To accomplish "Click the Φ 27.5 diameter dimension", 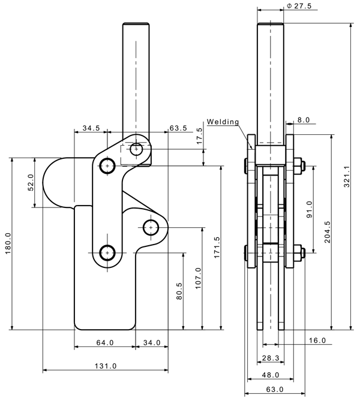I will [x=300, y=6].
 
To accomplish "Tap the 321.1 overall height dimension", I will [x=347, y=177].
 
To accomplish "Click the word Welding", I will [x=223, y=122].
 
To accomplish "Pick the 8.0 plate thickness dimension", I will [x=303, y=120].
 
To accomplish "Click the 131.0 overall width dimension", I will [x=104, y=366].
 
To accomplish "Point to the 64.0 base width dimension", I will [x=104, y=343].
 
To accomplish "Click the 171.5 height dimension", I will [x=217, y=247].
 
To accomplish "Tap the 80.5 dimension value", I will [x=179, y=292].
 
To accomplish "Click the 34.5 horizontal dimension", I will [x=91, y=128].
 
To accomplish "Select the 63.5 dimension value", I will [x=179, y=128].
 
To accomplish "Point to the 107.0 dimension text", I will [x=199, y=278].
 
